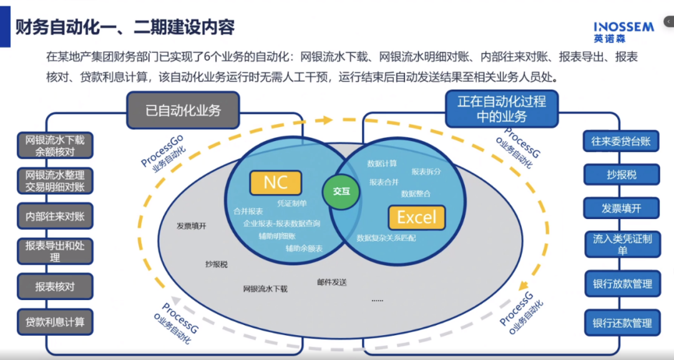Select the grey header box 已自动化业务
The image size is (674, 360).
[183, 111]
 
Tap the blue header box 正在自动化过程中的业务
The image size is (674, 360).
[501, 109]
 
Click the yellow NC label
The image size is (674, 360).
[275, 182]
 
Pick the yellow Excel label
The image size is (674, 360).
[416, 217]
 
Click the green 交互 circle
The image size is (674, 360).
[341, 192]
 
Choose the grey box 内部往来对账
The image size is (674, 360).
[55, 216]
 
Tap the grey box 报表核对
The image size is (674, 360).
[55, 287]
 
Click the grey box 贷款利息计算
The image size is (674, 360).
[55, 323]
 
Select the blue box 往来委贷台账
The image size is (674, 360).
[621, 142]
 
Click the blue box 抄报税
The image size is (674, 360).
[621, 175]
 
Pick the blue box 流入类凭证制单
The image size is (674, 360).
[621, 245]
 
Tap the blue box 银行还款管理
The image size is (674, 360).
[621, 323]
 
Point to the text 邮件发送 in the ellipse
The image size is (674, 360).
[331, 283]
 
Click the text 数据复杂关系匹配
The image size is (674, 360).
[386, 238]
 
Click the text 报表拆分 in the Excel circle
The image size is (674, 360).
[426, 171]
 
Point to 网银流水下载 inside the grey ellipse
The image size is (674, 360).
[265, 289]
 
